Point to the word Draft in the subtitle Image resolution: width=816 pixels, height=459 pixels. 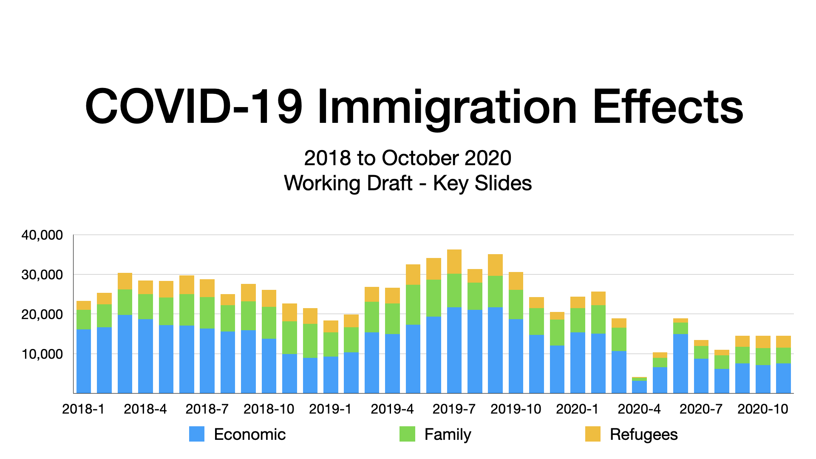point(391,183)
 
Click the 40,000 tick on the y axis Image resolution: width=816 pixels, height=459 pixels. point(42,235)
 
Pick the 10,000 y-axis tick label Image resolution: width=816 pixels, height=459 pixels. point(42,354)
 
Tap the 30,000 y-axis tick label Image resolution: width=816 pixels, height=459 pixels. point(42,275)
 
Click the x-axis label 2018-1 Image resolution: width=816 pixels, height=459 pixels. point(83,409)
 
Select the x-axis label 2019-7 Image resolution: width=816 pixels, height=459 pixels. point(454,409)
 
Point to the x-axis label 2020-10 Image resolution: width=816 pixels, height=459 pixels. point(763,409)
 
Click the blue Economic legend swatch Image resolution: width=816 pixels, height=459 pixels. point(197,434)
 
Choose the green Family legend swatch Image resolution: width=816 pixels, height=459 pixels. point(407,434)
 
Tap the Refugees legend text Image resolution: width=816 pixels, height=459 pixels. point(643,434)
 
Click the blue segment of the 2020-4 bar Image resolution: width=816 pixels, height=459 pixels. point(639,386)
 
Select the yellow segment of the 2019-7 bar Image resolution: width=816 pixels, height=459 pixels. point(454,261)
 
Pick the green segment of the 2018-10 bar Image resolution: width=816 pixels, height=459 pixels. point(269,323)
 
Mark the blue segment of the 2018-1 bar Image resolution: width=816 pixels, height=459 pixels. point(84,361)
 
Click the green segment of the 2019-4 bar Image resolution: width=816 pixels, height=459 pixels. point(392,318)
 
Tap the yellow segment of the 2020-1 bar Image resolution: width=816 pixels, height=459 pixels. point(578,302)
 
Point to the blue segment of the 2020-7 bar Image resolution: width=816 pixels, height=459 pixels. point(701,376)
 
